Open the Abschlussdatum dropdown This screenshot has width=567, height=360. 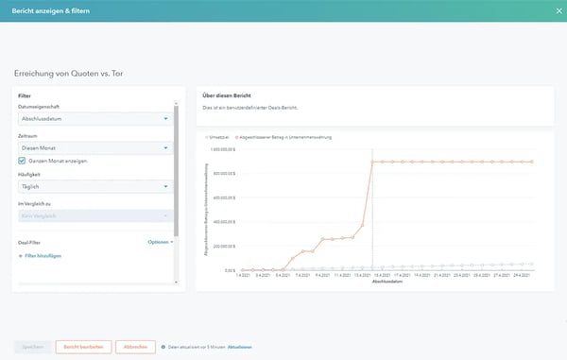tap(95, 119)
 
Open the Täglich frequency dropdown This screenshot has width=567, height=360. tap(95, 187)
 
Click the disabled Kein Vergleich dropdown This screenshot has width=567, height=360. tap(95, 216)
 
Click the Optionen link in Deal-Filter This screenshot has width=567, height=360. tap(160, 242)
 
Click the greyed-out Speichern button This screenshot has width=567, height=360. tap(31, 347)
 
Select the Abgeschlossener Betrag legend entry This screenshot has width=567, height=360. tap(283, 137)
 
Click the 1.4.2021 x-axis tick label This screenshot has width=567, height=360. tap(242, 276)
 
